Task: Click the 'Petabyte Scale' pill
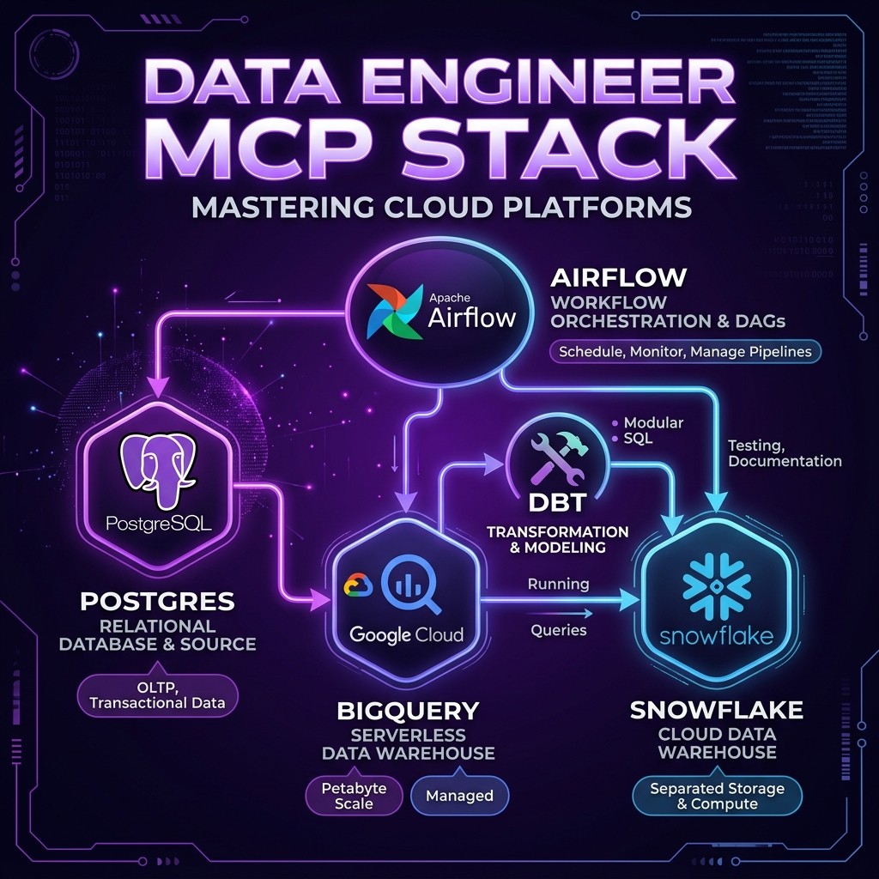(354, 795)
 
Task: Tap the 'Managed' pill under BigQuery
(460, 796)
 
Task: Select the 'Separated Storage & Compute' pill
(717, 795)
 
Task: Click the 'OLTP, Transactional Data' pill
(157, 694)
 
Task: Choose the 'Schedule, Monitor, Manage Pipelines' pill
(684, 351)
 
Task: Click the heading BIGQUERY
(408, 711)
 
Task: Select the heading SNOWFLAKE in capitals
(717, 710)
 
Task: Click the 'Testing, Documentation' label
(784, 453)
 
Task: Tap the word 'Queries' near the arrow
(559, 630)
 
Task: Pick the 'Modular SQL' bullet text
(652, 430)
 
